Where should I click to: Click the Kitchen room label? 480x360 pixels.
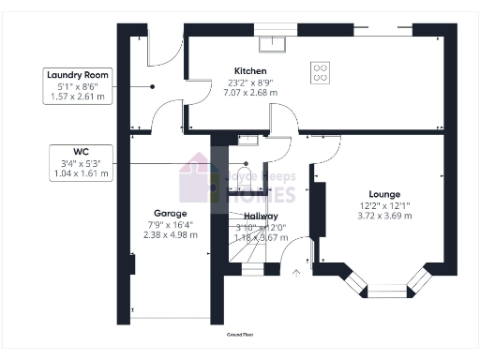pyautogui.click(x=250, y=71)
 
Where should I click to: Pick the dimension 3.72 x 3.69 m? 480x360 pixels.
pyautogui.click(x=383, y=217)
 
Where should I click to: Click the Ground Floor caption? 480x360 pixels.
pyautogui.click(x=240, y=334)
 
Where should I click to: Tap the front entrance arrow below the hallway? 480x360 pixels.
pyautogui.click(x=297, y=274)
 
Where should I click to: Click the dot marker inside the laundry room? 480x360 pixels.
pyautogui.click(x=152, y=86)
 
